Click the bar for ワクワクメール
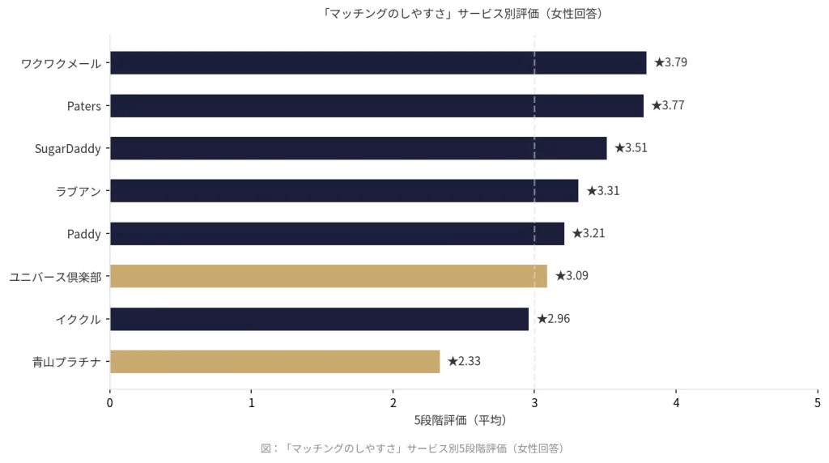(378, 62)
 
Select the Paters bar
(376, 105)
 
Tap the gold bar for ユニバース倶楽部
(328, 276)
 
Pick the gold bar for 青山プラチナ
(274, 361)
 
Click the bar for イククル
(319, 319)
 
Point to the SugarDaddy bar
(358, 148)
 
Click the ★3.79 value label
(670, 62)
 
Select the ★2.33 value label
(464, 361)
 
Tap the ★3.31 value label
(602, 191)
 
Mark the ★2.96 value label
(553, 319)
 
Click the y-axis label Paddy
(84, 234)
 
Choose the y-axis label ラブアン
(79, 191)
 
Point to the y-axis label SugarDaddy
(68, 148)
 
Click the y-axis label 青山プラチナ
(66, 362)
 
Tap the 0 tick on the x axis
(110, 402)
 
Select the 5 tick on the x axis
(817, 402)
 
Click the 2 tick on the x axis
(393, 402)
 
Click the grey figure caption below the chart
(414, 448)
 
